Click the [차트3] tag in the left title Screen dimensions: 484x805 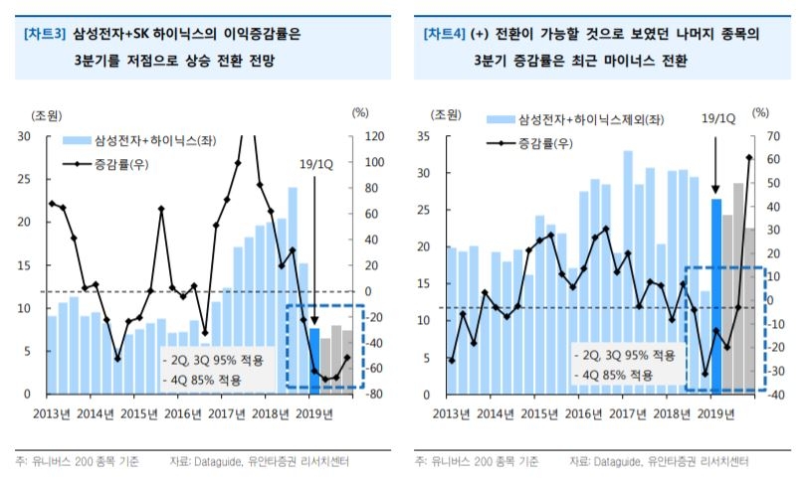44,34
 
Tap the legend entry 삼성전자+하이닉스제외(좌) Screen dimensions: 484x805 562,119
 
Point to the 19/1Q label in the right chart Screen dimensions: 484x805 718,118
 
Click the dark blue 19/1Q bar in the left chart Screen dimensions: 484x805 314,360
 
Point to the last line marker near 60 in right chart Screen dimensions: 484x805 749,157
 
